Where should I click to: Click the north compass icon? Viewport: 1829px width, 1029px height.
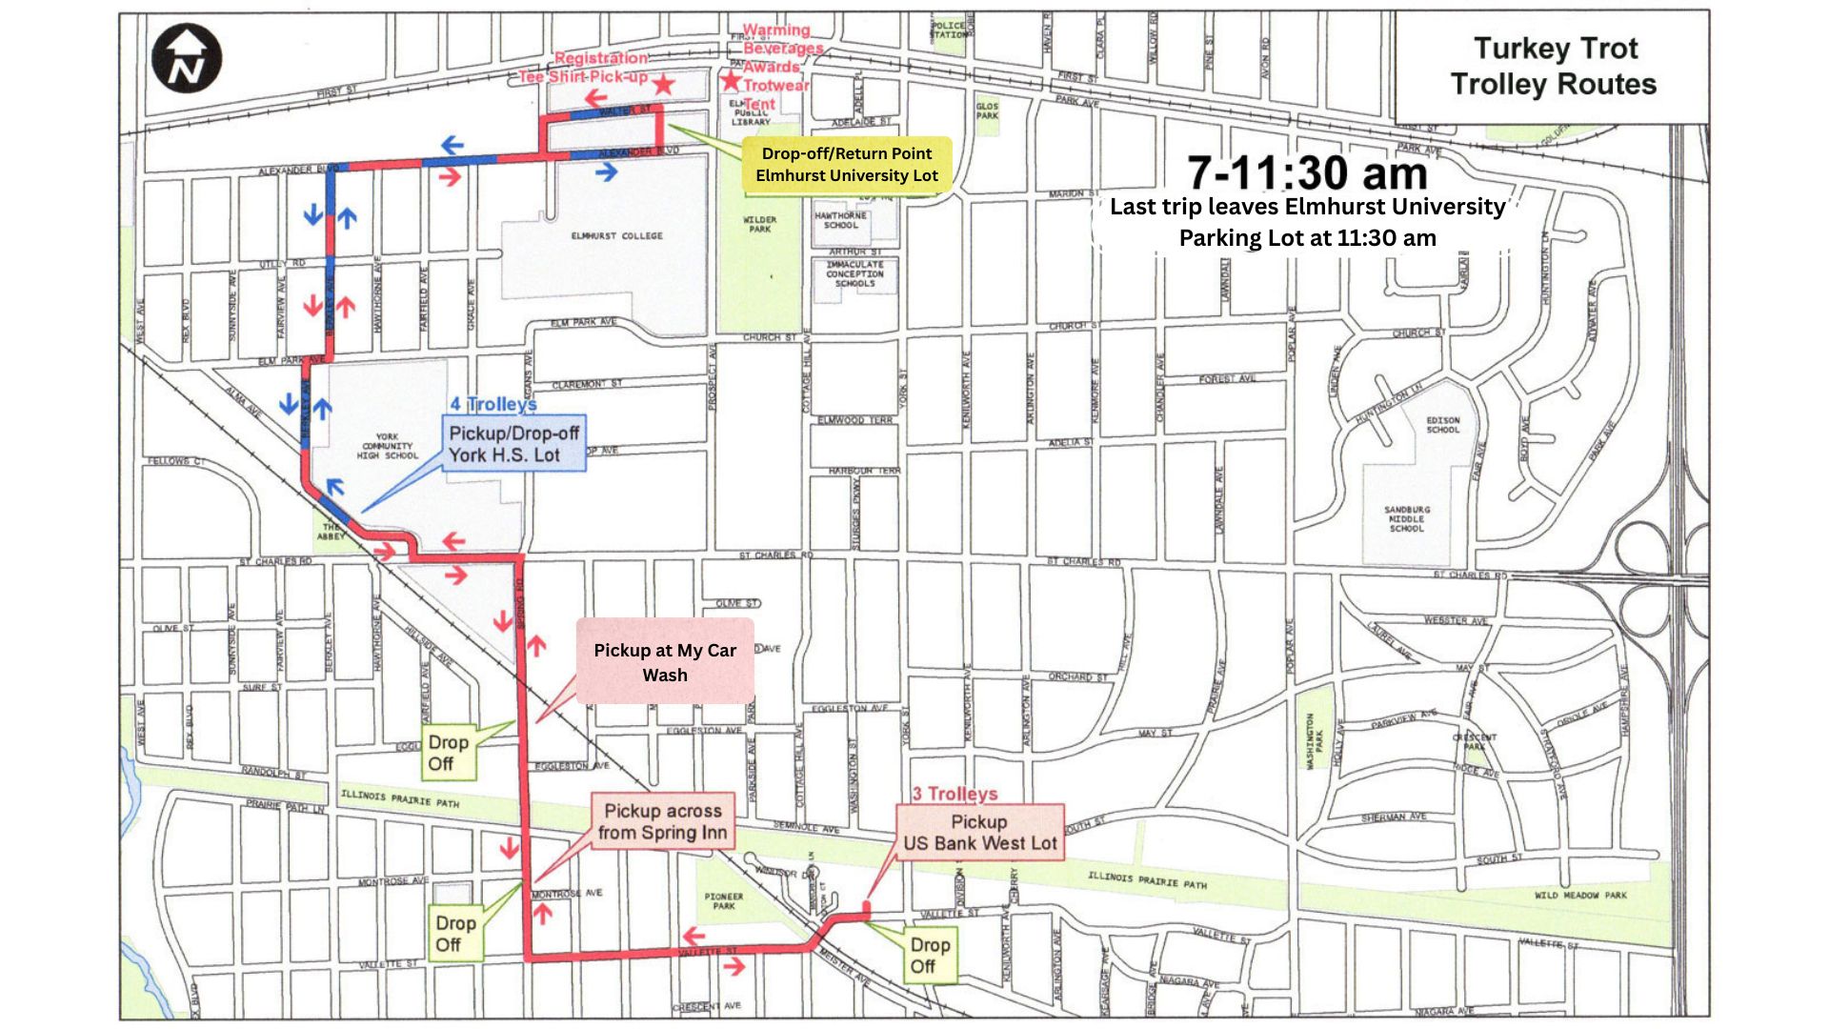coord(187,59)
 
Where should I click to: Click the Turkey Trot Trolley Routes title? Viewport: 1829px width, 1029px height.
coord(1554,67)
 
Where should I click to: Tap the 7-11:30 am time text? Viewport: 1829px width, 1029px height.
coord(1307,173)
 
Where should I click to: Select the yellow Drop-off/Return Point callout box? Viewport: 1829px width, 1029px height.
coord(846,164)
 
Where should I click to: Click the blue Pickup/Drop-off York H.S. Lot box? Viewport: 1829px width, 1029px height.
coord(513,444)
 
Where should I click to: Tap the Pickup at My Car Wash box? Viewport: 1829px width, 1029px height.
coord(665,662)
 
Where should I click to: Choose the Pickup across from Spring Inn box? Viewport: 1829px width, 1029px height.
coord(663,821)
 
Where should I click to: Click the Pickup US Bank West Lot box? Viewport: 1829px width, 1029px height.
coord(979,833)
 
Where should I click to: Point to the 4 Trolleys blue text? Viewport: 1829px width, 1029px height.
coord(493,404)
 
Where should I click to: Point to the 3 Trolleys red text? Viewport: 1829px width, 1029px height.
coord(955,794)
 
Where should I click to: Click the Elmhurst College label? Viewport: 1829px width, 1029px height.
coord(616,235)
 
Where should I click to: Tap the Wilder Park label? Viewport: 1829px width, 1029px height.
coord(759,224)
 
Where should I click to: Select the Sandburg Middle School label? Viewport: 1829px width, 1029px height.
coord(1407,519)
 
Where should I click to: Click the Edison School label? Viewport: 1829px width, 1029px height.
coord(1442,425)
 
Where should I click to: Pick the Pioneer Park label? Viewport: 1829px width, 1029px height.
coord(724,900)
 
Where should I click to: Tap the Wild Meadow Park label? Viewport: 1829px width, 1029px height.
coord(1580,896)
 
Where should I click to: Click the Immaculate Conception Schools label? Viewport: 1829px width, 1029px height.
coord(854,273)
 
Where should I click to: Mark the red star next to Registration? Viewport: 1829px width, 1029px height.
coord(663,85)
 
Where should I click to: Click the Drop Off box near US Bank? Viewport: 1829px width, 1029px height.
coord(930,955)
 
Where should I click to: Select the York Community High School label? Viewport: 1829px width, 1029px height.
coord(387,446)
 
